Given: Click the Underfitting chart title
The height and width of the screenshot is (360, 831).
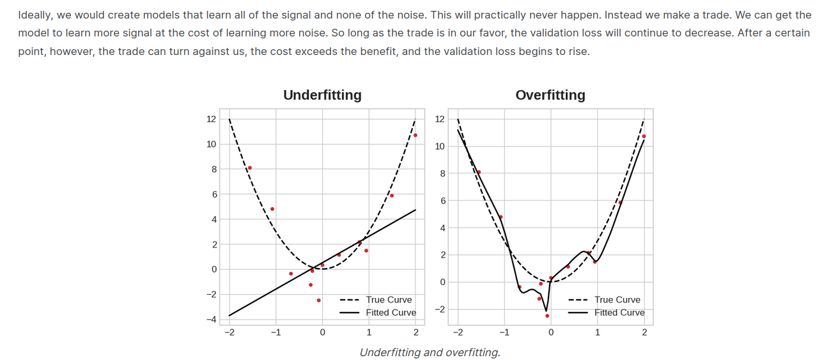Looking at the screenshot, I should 322,95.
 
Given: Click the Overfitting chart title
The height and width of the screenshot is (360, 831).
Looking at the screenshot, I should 550,95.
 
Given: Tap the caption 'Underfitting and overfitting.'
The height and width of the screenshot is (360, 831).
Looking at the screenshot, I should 430,352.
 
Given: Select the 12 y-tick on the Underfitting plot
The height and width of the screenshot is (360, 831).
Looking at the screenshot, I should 211,119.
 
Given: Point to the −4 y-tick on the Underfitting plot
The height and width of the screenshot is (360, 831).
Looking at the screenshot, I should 211,319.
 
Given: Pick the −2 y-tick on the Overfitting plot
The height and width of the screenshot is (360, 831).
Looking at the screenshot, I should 440,309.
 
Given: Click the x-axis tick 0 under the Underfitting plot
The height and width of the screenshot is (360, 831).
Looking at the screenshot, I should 322,333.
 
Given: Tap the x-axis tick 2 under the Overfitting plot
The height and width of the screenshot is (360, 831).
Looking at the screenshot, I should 644,333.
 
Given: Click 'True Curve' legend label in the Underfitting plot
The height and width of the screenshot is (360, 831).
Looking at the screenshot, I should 389,299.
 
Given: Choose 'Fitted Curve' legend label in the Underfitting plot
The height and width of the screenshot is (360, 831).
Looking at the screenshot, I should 391,313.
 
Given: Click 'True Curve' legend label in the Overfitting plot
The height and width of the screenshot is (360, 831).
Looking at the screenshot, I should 617,299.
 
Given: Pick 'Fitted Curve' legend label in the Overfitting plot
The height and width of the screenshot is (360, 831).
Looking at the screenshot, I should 619,313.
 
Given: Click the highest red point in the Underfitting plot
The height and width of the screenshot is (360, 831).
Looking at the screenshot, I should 415,135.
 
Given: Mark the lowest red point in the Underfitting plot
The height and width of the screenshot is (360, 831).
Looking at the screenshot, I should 319,300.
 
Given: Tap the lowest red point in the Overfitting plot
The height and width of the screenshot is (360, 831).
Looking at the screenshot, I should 547,315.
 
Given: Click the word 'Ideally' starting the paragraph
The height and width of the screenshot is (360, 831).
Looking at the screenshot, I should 35,15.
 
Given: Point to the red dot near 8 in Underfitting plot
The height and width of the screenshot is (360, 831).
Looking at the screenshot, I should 250,168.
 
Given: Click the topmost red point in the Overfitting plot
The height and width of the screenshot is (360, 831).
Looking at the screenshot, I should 644,136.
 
